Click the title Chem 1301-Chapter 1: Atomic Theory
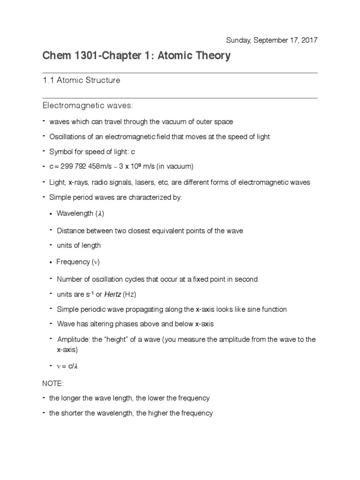[x=136, y=56]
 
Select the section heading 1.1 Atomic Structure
[x=82, y=80]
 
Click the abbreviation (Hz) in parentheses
[x=130, y=294]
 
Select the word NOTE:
[x=53, y=383]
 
